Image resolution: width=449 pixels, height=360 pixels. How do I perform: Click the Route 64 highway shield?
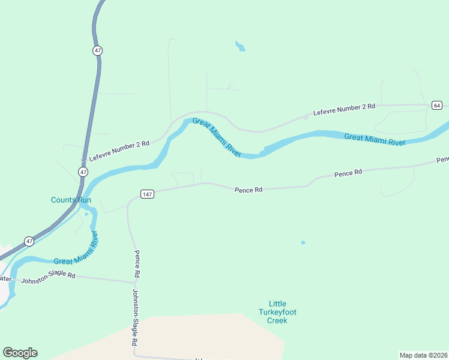point(436,106)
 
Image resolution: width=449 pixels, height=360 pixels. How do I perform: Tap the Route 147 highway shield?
point(148,194)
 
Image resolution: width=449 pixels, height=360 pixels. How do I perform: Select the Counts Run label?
point(71,200)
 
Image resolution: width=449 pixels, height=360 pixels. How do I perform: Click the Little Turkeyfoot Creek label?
point(277,312)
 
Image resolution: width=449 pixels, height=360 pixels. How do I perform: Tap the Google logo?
point(20,353)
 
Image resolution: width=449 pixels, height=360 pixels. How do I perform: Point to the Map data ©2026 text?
point(423,355)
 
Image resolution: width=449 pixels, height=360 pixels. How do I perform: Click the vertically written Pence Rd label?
point(137,263)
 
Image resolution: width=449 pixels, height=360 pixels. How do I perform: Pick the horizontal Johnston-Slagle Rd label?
point(48,278)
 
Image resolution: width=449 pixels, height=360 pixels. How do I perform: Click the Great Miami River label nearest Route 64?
point(375,139)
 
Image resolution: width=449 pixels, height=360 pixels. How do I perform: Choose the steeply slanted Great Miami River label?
point(217,138)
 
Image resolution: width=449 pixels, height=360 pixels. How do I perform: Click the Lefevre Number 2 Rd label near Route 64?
point(344,109)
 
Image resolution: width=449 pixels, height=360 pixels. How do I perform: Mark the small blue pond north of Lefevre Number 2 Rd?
point(240,46)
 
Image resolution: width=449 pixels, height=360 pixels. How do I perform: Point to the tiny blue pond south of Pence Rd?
point(303,242)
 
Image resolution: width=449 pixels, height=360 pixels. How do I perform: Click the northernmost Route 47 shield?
point(98,50)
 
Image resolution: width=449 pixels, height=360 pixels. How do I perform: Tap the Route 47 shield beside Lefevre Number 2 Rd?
point(83,172)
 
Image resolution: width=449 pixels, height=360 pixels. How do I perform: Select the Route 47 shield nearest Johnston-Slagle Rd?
point(29,241)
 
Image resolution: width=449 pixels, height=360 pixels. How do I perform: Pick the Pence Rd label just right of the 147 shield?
point(248,190)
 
